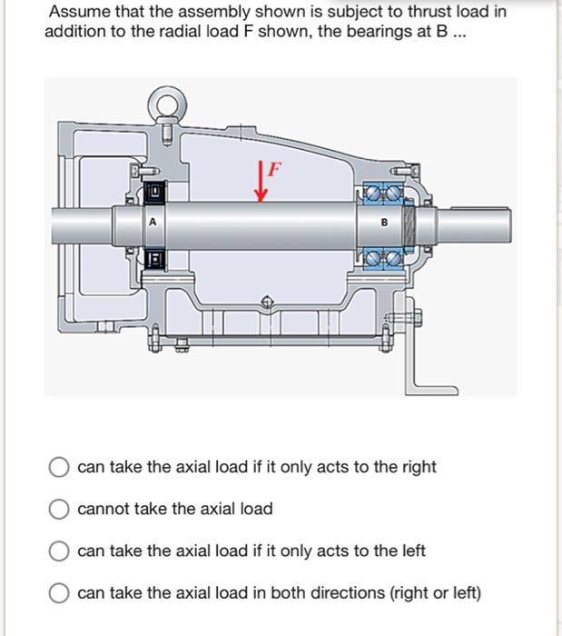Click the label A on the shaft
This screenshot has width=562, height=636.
click(x=153, y=221)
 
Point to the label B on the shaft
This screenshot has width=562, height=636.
click(x=382, y=221)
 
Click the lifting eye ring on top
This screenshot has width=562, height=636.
click(x=167, y=107)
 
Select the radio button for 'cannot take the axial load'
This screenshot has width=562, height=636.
click(x=60, y=510)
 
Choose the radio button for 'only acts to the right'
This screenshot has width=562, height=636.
click(x=60, y=468)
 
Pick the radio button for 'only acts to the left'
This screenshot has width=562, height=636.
click(x=60, y=552)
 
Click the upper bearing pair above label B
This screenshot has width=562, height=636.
click(x=382, y=192)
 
